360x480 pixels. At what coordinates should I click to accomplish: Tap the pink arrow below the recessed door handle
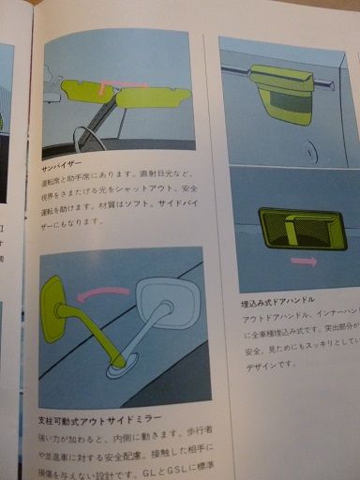(303, 260)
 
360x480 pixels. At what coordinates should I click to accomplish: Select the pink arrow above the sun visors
(128, 85)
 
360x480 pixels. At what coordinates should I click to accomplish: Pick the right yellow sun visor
(154, 97)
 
